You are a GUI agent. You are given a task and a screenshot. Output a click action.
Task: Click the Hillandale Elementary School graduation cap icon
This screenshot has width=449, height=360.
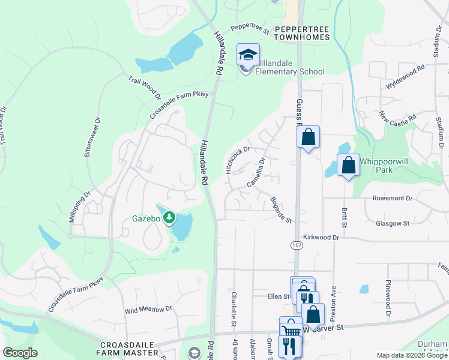[248, 55]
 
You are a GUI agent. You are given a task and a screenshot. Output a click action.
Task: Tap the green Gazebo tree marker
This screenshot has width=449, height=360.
[170, 216]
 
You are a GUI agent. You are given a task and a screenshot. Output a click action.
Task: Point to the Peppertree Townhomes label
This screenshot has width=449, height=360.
[302, 33]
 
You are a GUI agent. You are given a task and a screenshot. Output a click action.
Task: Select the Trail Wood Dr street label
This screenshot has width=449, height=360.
[145, 88]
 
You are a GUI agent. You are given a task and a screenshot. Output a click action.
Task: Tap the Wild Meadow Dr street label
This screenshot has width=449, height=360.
[148, 310]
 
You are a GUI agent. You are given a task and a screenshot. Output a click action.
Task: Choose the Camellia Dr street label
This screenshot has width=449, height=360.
[256, 171]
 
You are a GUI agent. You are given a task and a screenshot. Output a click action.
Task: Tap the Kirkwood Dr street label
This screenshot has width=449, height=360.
[321, 238]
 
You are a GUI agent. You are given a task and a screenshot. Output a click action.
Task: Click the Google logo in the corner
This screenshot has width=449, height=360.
[20, 353]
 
